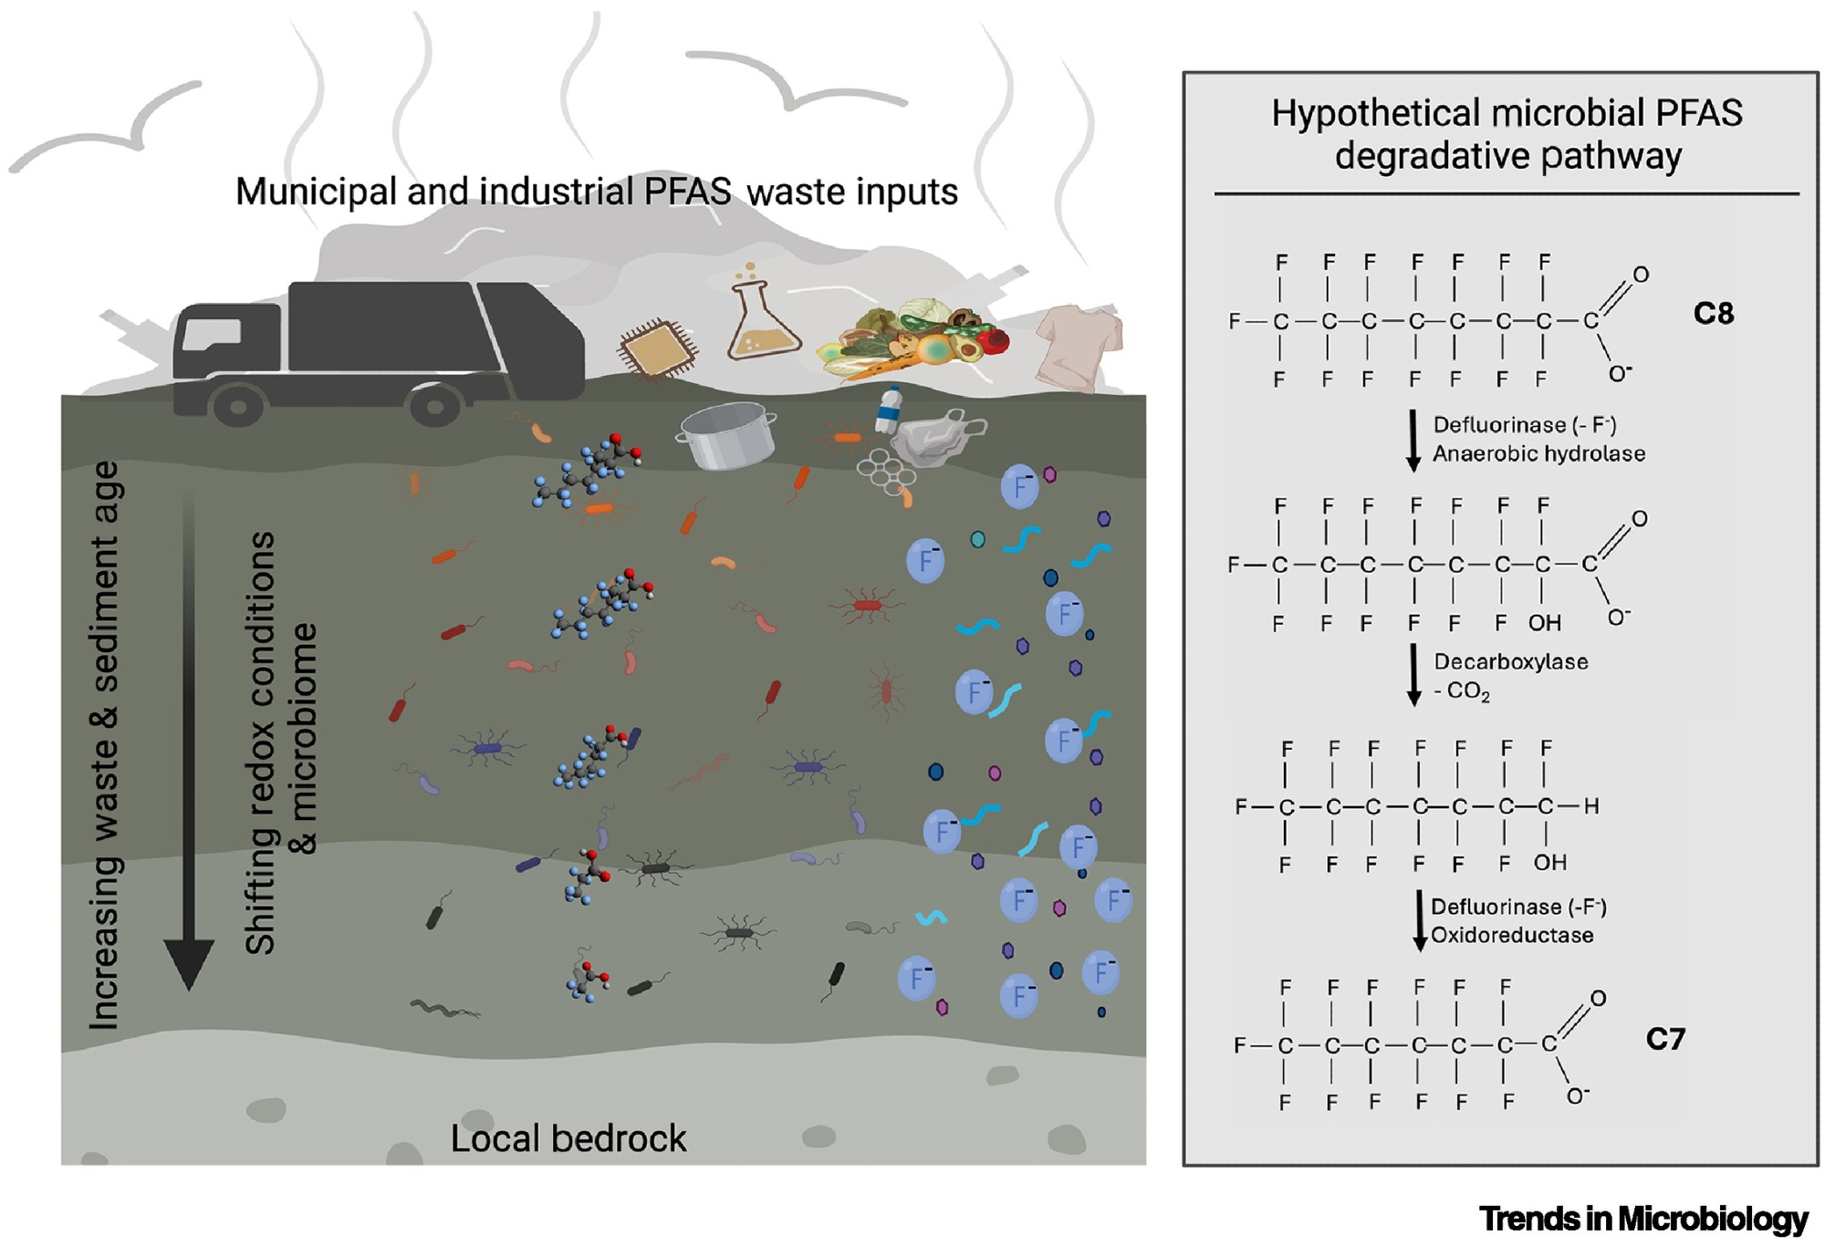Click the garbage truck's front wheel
[239, 405]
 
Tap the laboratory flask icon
[762, 319]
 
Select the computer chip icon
[657, 348]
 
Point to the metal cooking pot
[727, 435]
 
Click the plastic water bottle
[889, 411]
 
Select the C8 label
[1713, 314]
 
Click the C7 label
[1665, 1039]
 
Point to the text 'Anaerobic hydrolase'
[1538, 453]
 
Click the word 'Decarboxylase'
[1510, 661]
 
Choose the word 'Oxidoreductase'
[1511, 935]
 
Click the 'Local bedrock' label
[568, 1138]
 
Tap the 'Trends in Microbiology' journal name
[1642, 1219]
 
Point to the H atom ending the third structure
[1590, 806]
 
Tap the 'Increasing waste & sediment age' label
[105, 743]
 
